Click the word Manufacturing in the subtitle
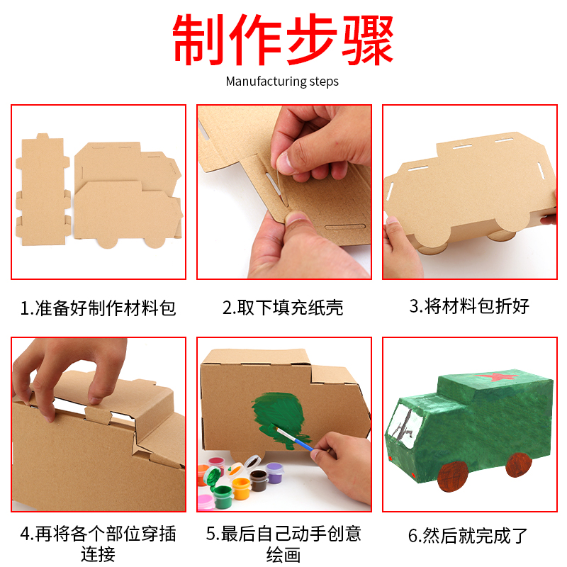point(265,82)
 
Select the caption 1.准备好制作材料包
point(98,308)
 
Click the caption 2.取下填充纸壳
point(283,308)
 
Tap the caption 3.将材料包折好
point(469,306)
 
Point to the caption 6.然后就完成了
point(469,536)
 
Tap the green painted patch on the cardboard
point(276,418)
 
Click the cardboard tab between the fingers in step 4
point(96,413)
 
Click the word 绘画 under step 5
point(283,555)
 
